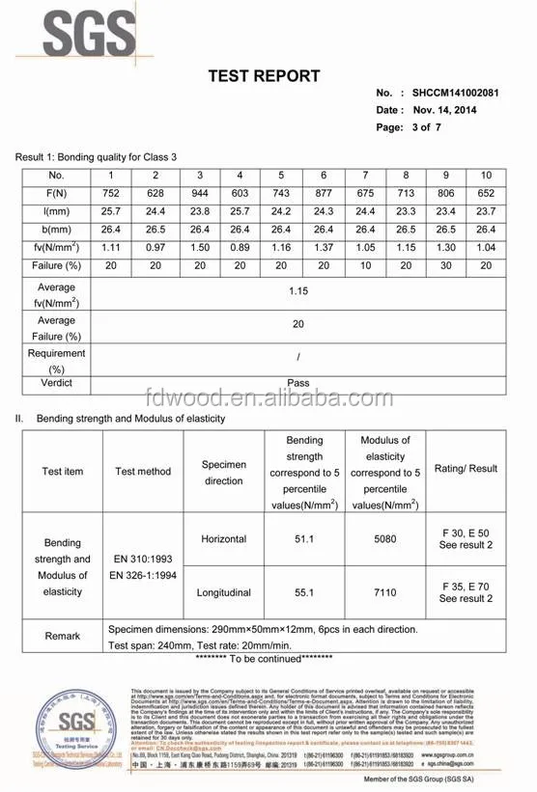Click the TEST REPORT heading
[x=264, y=76]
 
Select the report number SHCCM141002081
[x=456, y=93]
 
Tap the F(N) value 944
[x=200, y=193]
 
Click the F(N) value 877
[x=324, y=193]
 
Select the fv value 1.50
[x=200, y=248]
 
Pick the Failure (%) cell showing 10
[x=365, y=265]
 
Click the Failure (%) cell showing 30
[x=445, y=265]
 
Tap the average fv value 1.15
[x=297, y=290]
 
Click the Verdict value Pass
[x=297, y=383]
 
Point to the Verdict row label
[x=56, y=383]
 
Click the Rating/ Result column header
[x=466, y=469]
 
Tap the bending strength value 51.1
[x=304, y=539]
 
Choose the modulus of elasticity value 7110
[x=384, y=592]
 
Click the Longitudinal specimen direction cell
[x=223, y=592]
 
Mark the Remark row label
[x=62, y=636]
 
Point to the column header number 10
[x=486, y=175]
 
